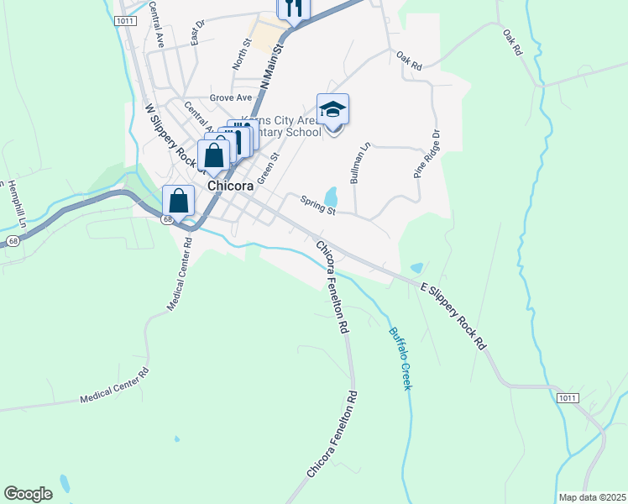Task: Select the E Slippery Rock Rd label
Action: click(453, 316)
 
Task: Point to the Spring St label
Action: click(319, 205)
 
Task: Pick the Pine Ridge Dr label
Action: click(426, 154)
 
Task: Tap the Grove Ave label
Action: click(231, 98)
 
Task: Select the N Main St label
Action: click(274, 68)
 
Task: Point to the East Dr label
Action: click(198, 33)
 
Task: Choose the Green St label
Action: click(268, 168)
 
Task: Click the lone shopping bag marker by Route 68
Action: click(178, 202)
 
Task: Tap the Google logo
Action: click(28, 494)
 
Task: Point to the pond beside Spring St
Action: click(332, 197)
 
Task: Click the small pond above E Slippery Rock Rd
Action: click(416, 269)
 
